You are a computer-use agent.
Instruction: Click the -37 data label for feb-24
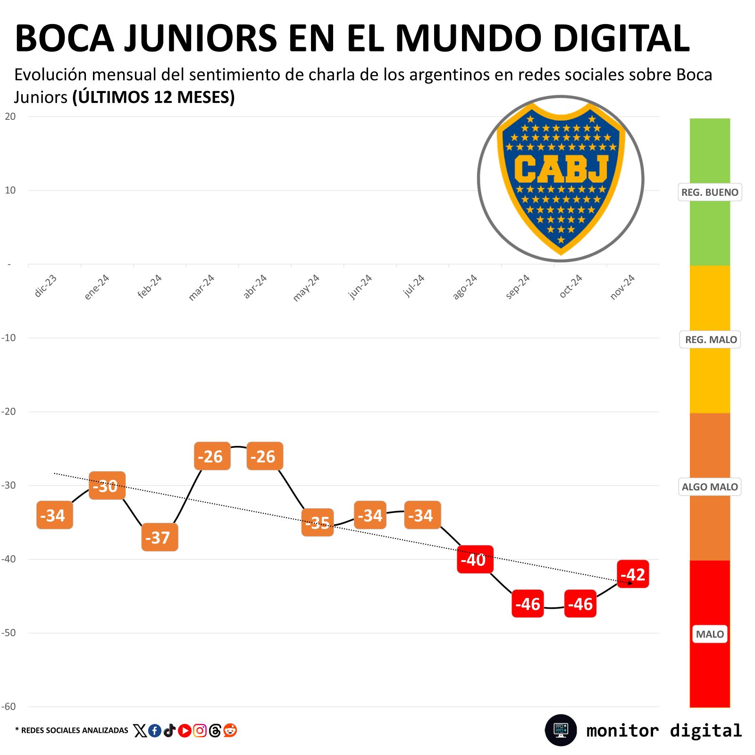tap(159, 537)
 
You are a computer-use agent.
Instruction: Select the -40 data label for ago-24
tap(475, 559)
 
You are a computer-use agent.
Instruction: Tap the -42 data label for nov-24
tap(633, 574)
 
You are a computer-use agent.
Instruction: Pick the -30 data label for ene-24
tap(107, 485)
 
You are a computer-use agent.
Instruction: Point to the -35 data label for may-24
tap(318, 522)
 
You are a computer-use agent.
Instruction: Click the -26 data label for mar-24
tap(212, 456)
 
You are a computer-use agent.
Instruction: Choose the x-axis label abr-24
tap(255, 286)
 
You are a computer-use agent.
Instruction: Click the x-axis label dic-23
tap(46, 286)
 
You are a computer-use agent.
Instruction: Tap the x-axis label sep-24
tap(518, 287)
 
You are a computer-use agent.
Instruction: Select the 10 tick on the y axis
tap(10, 190)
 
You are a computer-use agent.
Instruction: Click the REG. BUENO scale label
tap(710, 192)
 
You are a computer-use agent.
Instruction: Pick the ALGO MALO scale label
tap(710, 487)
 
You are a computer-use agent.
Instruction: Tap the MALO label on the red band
tap(710, 634)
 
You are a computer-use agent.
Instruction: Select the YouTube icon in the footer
tap(185, 730)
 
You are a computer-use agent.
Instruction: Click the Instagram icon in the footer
tap(200, 730)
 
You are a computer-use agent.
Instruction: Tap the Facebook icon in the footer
tap(155, 730)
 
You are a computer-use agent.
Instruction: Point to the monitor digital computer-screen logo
tap(561, 730)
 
